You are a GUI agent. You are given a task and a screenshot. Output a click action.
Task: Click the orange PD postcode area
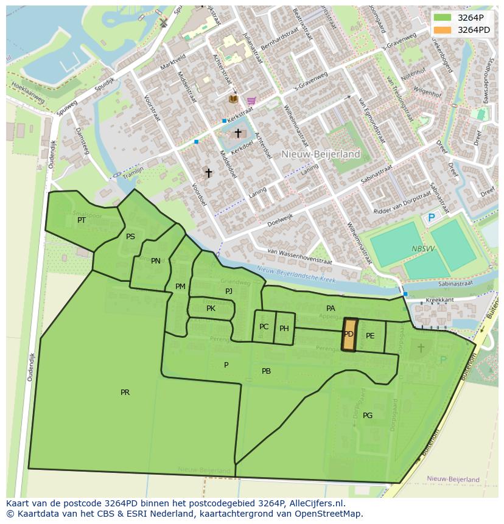(349, 335)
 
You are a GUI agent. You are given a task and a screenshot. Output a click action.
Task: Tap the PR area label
(125, 393)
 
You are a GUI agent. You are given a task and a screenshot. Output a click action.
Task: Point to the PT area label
(82, 220)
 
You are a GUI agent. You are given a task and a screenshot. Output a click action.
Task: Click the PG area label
(368, 416)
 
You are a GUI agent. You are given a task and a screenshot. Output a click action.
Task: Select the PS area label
(130, 237)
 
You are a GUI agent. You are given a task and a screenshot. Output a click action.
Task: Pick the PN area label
(156, 261)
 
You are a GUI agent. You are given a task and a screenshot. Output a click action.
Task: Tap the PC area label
(264, 327)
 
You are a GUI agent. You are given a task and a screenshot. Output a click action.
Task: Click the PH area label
(284, 329)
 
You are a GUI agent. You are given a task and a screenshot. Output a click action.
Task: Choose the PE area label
(370, 336)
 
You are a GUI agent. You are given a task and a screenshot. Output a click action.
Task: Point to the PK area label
(211, 309)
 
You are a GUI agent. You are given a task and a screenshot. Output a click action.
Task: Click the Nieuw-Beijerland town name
(321, 154)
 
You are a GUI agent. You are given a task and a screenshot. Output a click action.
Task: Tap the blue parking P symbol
(432, 218)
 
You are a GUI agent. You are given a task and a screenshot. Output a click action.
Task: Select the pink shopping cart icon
(251, 100)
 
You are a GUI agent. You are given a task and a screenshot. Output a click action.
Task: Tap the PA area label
(331, 309)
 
